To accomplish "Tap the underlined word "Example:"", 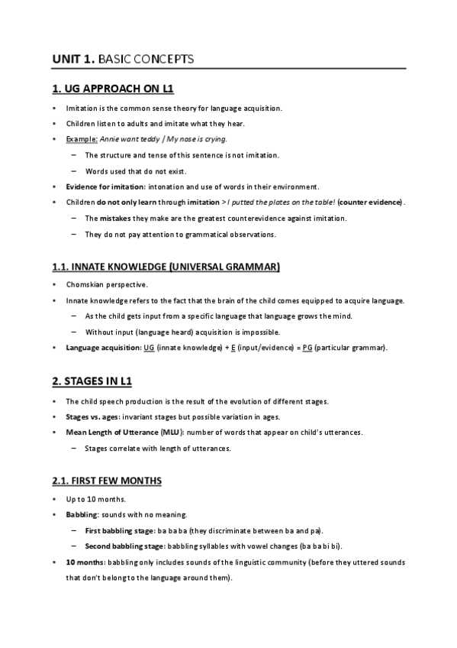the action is (x=82, y=140).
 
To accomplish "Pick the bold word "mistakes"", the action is (x=115, y=219).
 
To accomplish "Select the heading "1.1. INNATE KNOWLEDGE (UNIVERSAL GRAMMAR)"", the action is (x=166, y=267).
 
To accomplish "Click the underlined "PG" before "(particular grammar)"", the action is (x=307, y=348).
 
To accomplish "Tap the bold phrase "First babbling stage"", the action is (x=119, y=530).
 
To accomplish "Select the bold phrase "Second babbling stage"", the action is (x=124, y=546).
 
